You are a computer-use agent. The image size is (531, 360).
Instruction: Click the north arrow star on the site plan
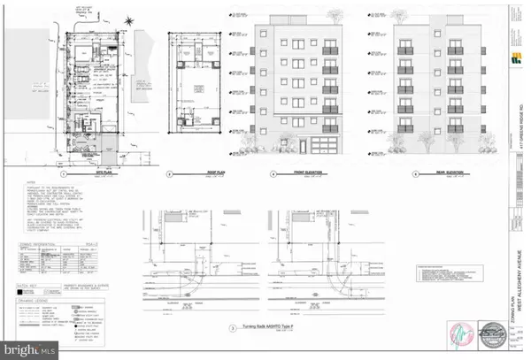point(130,19)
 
